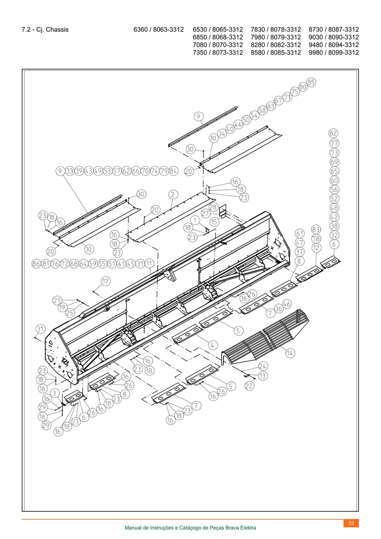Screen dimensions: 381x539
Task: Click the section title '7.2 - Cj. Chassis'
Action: pos(45,29)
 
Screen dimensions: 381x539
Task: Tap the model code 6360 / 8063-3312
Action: pos(159,29)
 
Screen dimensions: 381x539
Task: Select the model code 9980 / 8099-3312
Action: pos(334,53)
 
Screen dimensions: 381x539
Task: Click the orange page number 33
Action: pos(351,523)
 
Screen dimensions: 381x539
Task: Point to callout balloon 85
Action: pos(311,82)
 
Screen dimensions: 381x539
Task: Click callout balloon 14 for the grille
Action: pos(290,353)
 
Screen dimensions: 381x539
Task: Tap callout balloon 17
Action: pos(106,281)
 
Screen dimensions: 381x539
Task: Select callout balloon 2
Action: pos(173,195)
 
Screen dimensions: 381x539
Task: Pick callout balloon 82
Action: pos(333,133)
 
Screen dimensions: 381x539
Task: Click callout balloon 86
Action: pos(36,264)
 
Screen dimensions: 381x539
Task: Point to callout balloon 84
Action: pos(173,171)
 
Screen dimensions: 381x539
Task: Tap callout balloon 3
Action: pos(55,393)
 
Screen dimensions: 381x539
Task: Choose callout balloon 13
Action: pos(263,375)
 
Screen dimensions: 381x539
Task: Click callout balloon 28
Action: pos(213,207)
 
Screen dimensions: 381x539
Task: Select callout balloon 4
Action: pos(212,345)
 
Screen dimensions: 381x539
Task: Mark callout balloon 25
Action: pos(70,313)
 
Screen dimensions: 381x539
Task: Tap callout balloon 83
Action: pos(316,229)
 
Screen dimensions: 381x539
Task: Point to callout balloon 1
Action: pos(195,220)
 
